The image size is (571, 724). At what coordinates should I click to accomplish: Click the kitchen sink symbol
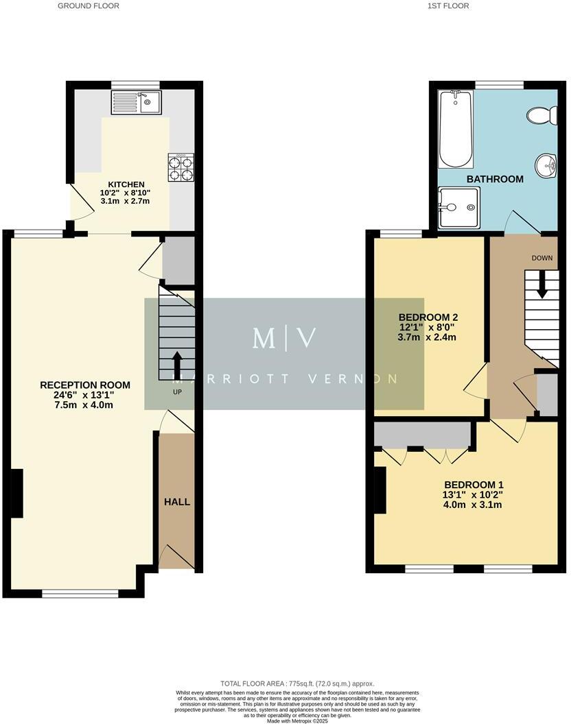point(135,104)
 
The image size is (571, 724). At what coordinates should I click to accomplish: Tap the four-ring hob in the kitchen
point(180,166)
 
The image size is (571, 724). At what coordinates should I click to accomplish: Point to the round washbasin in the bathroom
point(547,164)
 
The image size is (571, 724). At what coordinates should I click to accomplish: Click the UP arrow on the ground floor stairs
point(177,365)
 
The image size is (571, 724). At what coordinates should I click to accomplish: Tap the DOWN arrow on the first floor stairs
point(542,284)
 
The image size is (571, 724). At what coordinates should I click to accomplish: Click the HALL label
point(176,502)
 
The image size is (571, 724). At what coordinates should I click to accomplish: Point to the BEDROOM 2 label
point(428,317)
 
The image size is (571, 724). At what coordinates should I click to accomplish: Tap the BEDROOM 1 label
point(473,484)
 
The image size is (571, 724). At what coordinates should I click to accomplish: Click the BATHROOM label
point(495,179)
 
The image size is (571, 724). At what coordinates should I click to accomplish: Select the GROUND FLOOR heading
point(88,5)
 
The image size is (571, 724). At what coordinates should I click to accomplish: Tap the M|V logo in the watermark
point(284,338)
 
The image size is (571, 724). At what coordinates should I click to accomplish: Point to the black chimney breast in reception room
point(17,493)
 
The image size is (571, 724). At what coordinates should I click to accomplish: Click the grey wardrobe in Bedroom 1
point(421,435)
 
